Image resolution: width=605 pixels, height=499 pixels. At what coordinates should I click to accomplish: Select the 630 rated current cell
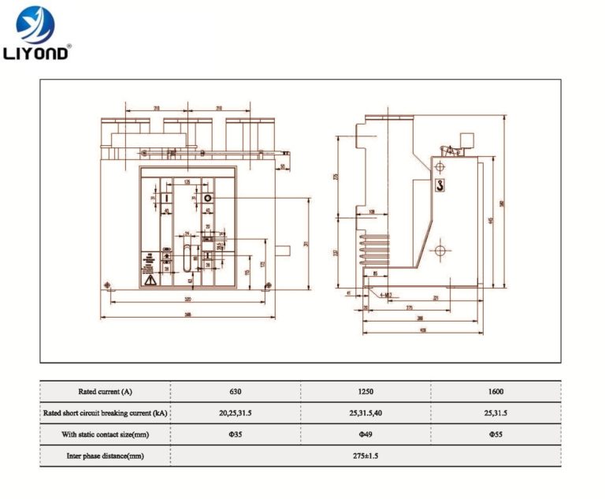click(x=236, y=391)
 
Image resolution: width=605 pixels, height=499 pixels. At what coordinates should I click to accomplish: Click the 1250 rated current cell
click(x=366, y=391)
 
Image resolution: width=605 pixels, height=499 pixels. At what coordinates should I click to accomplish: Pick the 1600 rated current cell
click(x=496, y=391)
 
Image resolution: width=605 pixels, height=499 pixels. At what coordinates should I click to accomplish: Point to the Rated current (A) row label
click(x=105, y=391)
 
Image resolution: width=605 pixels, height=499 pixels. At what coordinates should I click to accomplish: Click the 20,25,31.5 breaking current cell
click(x=236, y=412)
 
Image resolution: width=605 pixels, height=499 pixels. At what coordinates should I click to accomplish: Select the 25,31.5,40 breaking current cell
click(x=366, y=412)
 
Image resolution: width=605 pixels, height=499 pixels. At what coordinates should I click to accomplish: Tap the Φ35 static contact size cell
click(x=236, y=434)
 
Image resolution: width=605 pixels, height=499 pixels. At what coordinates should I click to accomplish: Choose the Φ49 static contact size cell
click(x=366, y=434)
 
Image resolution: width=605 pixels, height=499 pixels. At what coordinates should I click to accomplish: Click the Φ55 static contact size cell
click(x=496, y=434)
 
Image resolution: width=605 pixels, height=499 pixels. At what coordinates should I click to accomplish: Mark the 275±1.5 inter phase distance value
click(x=366, y=456)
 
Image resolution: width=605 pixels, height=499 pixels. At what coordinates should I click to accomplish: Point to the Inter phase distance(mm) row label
click(x=105, y=456)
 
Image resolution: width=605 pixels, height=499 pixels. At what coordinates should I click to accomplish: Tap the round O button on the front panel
click(x=209, y=199)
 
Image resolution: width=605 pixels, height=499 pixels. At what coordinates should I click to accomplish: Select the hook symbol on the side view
click(x=440, y=186)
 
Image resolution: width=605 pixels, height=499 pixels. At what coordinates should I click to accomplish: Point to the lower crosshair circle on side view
click(x=440, y=251)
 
